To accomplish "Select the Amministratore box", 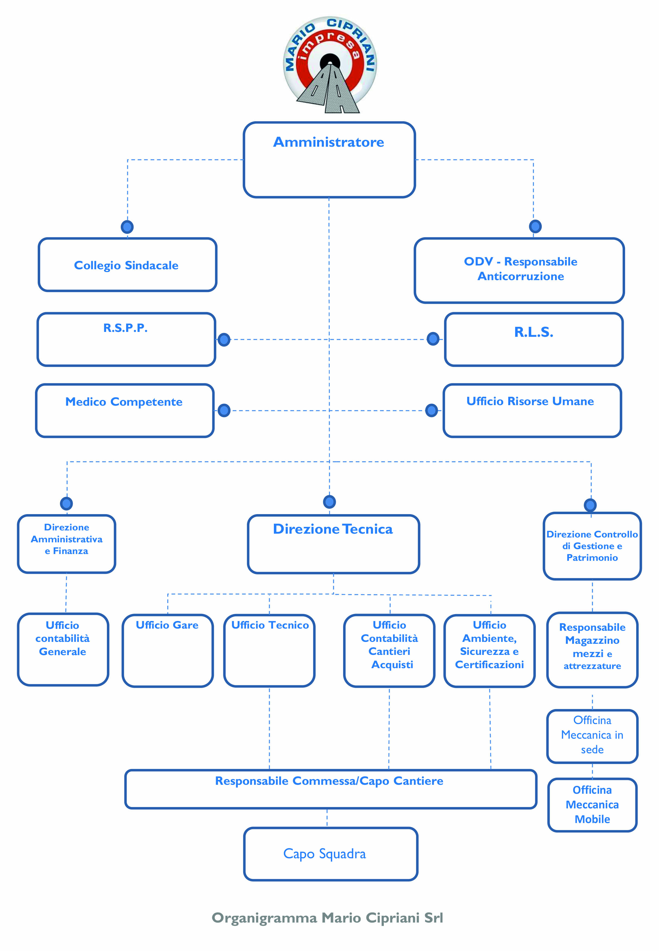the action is point(329,160).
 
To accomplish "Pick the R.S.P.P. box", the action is point(126,339).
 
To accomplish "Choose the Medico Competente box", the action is point(125,411).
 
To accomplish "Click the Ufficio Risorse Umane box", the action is point(532,411).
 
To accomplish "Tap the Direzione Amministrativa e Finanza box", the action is point(66,544).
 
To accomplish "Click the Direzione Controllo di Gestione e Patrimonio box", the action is point(592,546).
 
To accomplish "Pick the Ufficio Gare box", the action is point(168,650).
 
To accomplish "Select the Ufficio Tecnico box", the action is point(269,650).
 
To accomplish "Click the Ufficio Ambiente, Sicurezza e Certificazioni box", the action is point(489,651).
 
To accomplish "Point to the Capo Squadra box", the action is point(331,854).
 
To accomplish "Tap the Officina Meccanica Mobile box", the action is point(592,805).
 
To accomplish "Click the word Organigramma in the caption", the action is point(264,918).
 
